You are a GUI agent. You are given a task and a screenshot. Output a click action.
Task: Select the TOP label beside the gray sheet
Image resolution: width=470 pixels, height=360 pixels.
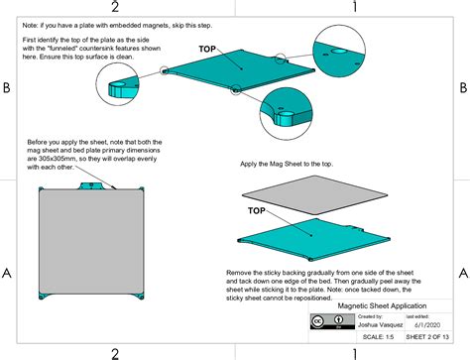(255, 210)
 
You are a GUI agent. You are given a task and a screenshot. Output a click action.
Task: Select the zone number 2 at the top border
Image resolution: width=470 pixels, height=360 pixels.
(115, 7)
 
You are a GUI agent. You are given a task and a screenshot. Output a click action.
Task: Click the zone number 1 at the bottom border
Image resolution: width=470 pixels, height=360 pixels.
(354, 352)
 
